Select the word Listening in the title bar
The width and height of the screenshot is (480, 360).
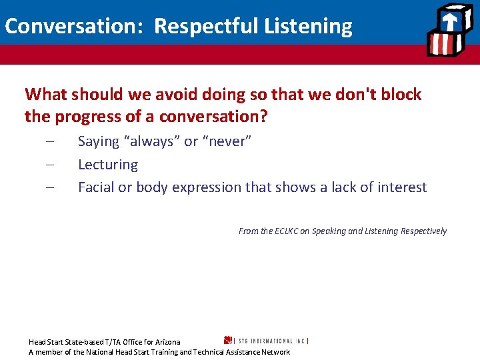[309, 26]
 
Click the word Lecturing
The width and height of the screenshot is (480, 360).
[108, 165]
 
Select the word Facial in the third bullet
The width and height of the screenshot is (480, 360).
[96, 187]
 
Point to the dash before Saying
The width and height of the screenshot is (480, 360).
[51, 142]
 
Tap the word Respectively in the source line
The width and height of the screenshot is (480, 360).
[423, 231]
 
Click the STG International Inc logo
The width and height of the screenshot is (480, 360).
[267, 340]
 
